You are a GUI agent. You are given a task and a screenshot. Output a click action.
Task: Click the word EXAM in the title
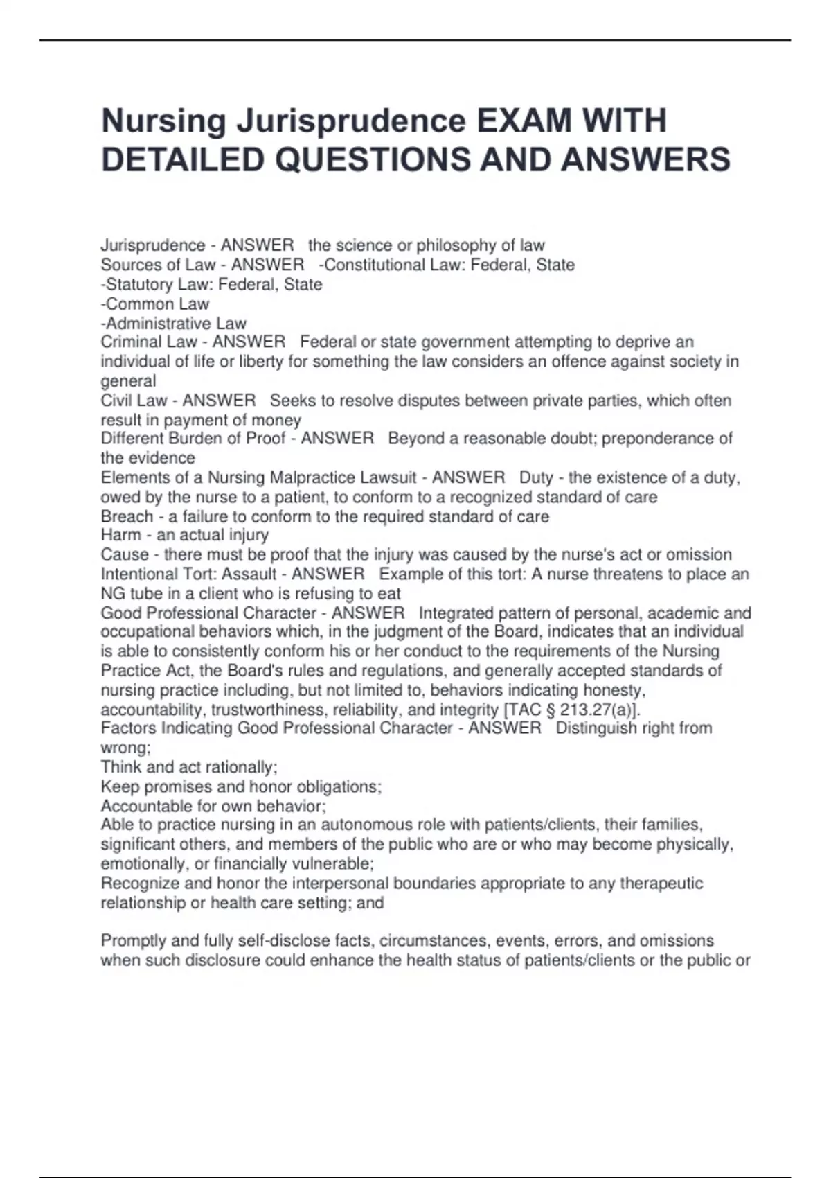coord(524,121)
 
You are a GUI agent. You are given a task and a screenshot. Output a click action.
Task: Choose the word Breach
coord(127,517)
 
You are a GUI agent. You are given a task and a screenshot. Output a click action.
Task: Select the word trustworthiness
coord(269,710)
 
